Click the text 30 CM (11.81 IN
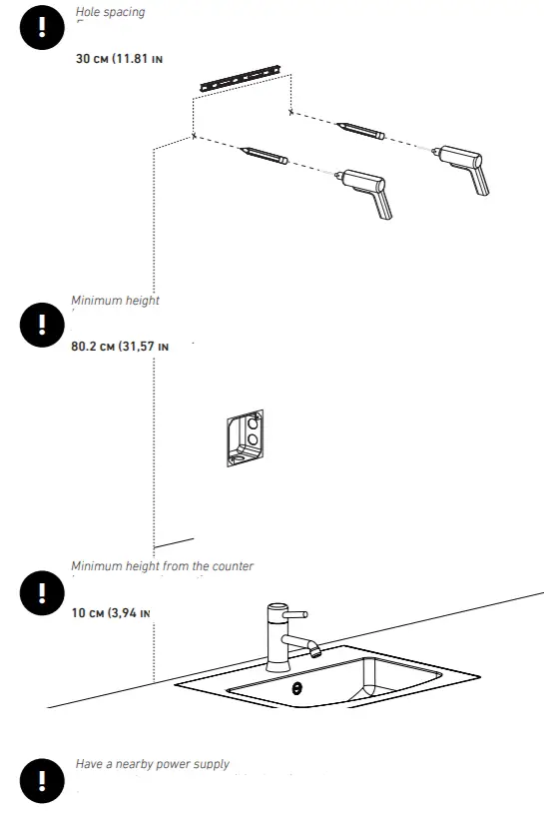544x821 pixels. coord(120,59)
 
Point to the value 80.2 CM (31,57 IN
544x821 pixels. coord(120,347)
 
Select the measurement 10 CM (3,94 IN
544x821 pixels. coord(111,612)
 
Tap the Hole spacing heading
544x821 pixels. coord(110,13)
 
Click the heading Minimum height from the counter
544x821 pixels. coord(162,566)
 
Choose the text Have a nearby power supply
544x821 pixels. coord(152,764)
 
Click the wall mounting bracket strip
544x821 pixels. coord(241,77)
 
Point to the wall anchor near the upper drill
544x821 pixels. coord(359,131)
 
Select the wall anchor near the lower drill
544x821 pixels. coord(265,157)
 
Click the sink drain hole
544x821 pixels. coord(295,688)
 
